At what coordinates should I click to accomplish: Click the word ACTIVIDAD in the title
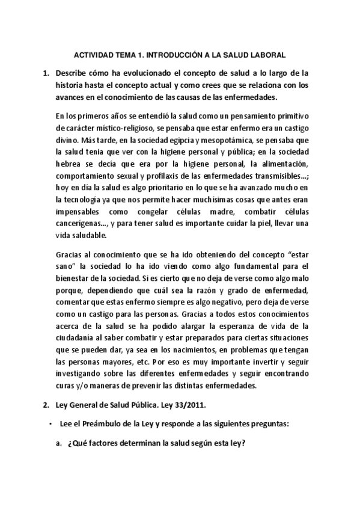pos(92,54)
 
